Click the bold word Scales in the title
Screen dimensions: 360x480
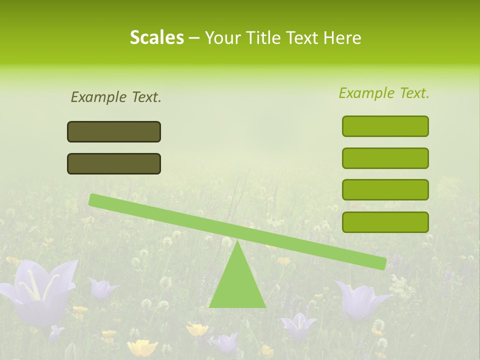(156, 37)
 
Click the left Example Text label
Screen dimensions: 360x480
(116, 97)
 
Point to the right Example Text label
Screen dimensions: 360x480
(384, 93)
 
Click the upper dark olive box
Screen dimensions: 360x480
(114, 131)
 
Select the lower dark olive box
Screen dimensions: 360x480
(114, 163)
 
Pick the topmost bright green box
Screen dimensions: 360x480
(385, 126)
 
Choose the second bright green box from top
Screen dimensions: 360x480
(385, 158)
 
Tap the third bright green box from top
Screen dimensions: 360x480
(385, 189)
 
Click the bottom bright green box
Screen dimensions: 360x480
(385, 222)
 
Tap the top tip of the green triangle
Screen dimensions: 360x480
(237, 243)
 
